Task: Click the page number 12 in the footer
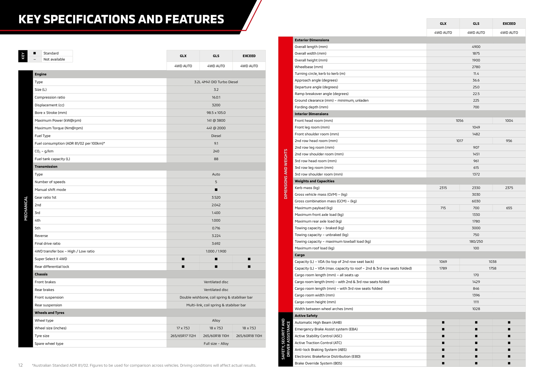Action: (x=20, y=365)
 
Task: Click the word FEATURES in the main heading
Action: (x=194, y=19)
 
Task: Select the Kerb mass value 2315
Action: (x=443, y=188)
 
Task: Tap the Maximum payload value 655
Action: (x=509, y=208)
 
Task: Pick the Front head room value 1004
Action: (x=509, y=121)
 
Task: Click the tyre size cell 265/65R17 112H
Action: (x=183, y=336)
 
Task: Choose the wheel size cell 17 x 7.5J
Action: (x=183, y=328)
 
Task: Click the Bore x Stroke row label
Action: (x=51, y=113)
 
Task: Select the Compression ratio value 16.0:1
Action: (x=216, y=97)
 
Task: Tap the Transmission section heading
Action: (x=46, y=167)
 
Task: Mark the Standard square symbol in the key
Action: (x=35, y=53)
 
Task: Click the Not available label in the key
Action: (x=54, y=59)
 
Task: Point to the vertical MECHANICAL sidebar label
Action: (x=26, y=208)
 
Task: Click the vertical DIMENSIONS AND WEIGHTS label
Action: (x=286, y=174)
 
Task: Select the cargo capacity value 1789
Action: (x=443, y=268)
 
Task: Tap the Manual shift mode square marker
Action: (x=216, y=190)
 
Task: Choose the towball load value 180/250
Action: (x=476, y=241)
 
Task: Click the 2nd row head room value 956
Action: (x=509, y=141)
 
